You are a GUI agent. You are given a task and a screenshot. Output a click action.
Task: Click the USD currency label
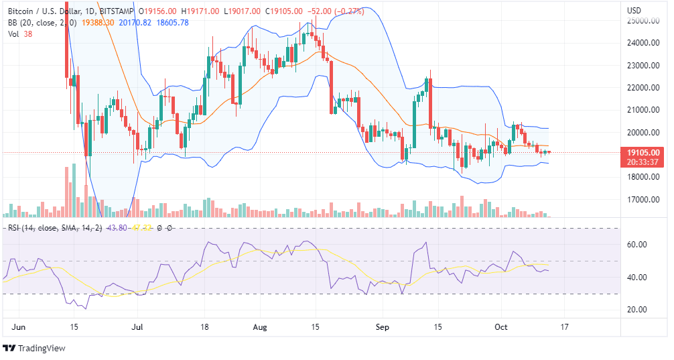click(x=634, y=10)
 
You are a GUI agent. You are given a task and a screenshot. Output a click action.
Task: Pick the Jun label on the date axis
click(x=20, y=328)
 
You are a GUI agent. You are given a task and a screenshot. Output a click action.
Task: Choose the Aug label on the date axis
click(x=261, y=328)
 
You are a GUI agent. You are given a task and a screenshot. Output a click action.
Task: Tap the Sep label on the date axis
click(x=383, y=328)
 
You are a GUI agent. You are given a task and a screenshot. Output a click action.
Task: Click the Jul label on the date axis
click(x=137, y=328)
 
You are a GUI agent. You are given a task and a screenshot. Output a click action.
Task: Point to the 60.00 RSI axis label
click(x=636, y=245)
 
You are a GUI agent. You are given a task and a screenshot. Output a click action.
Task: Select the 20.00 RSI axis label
click(x=636, y=310)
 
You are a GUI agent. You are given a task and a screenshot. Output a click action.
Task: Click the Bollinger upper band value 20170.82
click(x=137, y=22)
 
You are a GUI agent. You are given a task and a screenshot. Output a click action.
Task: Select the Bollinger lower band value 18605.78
click(x=173, y=22)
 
